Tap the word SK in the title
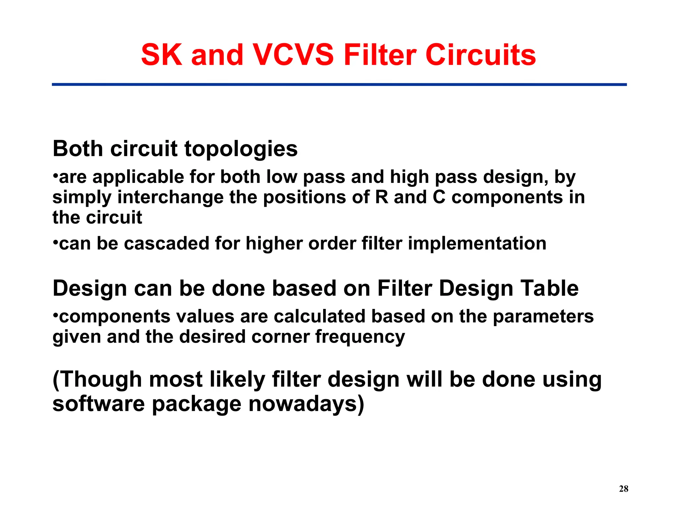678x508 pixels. click(161, 55)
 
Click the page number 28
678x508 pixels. click(623, 489)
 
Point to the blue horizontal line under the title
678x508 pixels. click(339, 85)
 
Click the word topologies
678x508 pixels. click(241, 149)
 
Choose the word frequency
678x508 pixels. click(360, 337)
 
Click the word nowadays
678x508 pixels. click(306, 404)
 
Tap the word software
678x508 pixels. click(98, 404)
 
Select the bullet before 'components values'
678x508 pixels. click(55, 315)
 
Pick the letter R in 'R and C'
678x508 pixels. click(381, 197)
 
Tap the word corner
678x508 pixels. click(280, 337)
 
